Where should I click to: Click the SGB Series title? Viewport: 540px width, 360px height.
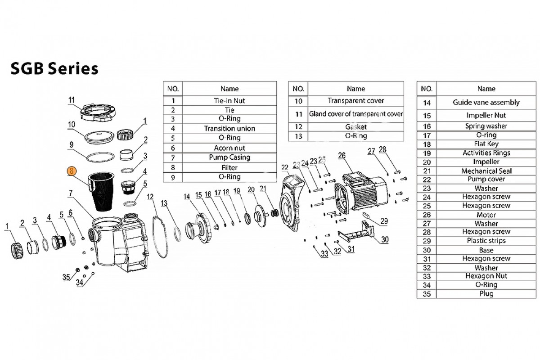pyautogui.click(x=54, y=68)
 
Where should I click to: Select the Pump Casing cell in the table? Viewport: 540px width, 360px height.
pyautogui.click(x=229, y=157)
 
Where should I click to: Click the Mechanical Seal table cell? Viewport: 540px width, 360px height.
pyautogui.click(x=486, y=171)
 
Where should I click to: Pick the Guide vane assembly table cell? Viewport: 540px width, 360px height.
pyautogui.click(x=486, y=102)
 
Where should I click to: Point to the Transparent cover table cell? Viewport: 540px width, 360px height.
pyautogui.click(x=355, y=100)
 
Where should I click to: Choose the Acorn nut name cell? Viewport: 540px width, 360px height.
pyautogui.click(x=229, y=148)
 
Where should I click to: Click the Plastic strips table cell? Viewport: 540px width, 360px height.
pyautogui.click(x=486, y=241)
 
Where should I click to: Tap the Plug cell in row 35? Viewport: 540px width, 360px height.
pyautogui.click(x=486, y=293)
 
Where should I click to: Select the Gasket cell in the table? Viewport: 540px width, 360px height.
pyautogui.click(x=355, y=127)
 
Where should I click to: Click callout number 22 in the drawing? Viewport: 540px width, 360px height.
pyautogui.click(x=284, y=168)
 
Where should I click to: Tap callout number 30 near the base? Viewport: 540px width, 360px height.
pyautogui.click(x=384, y=240)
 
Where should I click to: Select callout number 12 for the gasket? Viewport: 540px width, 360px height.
pyautogui.click(x=150, y=196)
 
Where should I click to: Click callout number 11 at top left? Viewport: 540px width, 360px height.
pyautogui.click(x=71, y=99)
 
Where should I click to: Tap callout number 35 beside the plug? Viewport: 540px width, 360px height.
pyautogui.click(x=66, y=277)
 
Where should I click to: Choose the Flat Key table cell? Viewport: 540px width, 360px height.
pyautogui.click(x=486, y=144)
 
